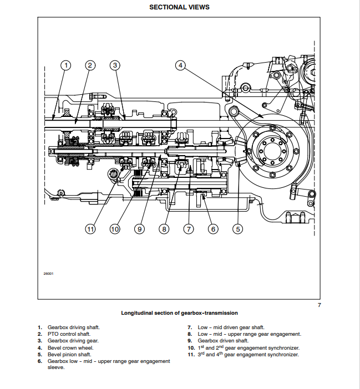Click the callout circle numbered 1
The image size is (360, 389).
coord(66,65)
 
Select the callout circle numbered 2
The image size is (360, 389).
coord(90,65)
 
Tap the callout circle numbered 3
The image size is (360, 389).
coord(115,65)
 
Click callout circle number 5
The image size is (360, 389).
coord(238,228)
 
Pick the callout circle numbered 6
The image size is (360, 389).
coord(213,228)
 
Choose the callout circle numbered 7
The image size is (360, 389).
coord(189,228)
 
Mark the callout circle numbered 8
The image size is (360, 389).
coord(164,228)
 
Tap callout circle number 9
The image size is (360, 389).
coord(139,228)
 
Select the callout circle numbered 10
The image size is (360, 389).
coord(115,228)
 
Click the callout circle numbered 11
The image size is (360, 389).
coord(90,228)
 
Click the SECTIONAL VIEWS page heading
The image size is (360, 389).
coord(179,7)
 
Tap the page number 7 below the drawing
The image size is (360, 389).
coord(319,305)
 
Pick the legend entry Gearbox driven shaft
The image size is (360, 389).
coord(223,341)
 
